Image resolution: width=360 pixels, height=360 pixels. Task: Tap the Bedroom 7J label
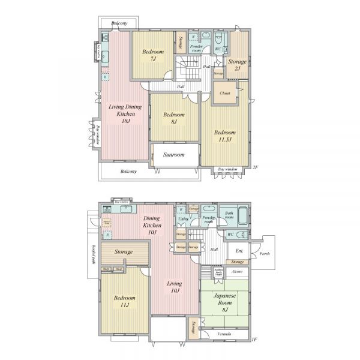tap(149, 55)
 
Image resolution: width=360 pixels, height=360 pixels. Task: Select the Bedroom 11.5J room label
tap(225, 136)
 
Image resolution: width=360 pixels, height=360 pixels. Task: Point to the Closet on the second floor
tap(226, 94)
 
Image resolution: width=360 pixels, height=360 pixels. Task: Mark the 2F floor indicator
tap(254, 167)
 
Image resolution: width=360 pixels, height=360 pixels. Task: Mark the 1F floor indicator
tap(254, 339)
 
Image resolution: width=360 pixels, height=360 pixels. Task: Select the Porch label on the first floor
tap(264, 253)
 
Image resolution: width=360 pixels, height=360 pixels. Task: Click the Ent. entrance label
tap(239, 251)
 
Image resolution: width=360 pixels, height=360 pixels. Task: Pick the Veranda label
tap(224, 334)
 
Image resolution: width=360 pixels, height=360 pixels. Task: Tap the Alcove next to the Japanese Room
tap(238, 271)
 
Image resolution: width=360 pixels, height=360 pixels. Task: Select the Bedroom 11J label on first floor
tap(124, 301)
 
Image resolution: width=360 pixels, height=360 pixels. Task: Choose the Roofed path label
tap(94, 251)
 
